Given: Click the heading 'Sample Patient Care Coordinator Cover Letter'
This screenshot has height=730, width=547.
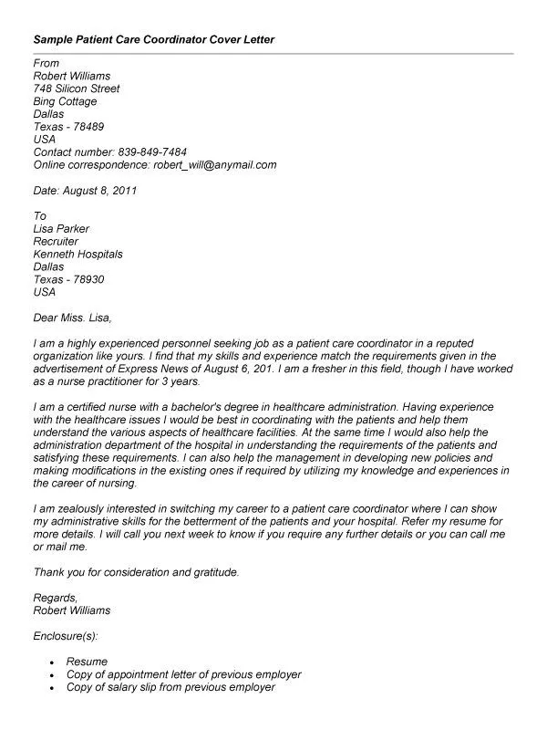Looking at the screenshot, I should click(153, 41).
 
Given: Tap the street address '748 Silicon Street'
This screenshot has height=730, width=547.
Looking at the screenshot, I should click(77, 89).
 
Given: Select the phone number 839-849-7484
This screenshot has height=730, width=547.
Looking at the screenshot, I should click(155, 152).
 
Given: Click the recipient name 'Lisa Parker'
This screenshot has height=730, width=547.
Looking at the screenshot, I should click(61, 229).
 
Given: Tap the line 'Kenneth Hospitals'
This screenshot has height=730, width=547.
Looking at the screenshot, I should click(77, 255).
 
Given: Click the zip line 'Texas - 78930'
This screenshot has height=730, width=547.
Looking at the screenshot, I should click(68, 280).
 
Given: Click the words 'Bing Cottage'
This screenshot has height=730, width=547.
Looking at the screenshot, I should click(66, 102).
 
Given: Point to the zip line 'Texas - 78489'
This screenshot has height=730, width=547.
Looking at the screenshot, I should click(68, 128).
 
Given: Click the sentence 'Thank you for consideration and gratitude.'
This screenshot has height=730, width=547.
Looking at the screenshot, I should click(136, 572).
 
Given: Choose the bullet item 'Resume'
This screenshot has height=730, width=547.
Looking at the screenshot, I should click(87, 662).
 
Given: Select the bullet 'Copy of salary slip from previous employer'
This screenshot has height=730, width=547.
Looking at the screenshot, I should click(169, 687).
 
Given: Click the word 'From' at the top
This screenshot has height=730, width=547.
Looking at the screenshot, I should click(46, 64).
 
